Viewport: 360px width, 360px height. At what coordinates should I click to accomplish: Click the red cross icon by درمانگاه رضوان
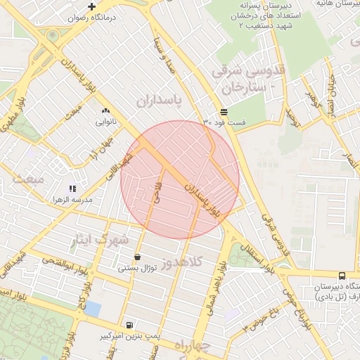click(x=91, y=6)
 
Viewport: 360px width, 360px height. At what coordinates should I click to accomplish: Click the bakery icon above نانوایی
click(x=106, y=110)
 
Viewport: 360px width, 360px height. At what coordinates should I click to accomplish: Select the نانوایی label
click(x=106, y=122)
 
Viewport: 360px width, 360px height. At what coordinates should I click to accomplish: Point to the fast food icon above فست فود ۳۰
click(x=224, y=112)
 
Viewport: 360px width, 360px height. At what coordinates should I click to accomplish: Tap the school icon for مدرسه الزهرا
click(x=72, y=188)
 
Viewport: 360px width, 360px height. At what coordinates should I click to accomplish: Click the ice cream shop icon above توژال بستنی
click(x=136, y=256)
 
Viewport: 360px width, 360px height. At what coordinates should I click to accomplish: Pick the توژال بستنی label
click(x=136, y=267)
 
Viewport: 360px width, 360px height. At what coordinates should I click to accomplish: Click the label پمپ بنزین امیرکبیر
click(x=129, y=336)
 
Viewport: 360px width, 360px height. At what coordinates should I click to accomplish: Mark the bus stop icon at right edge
click(x=342, y=276)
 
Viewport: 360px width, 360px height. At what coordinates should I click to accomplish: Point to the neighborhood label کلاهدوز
click(x=182, y=263)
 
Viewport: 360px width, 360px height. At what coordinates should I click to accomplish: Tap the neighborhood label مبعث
click(x=27, y=179)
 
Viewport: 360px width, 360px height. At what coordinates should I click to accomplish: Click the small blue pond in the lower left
click(x=93, y=308)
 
